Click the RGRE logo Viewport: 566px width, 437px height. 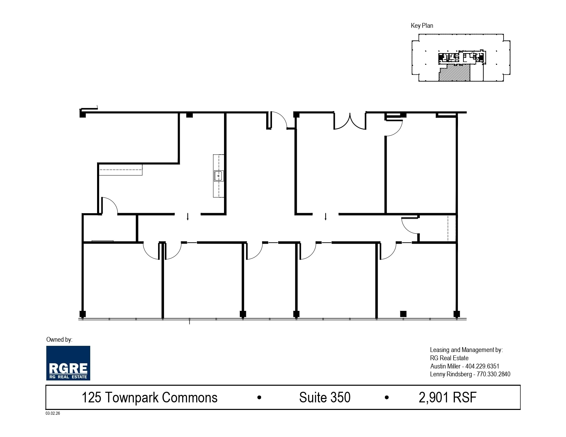68,363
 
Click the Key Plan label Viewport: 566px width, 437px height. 422,26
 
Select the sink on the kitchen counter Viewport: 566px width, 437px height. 219,176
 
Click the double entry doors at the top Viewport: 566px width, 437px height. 350,122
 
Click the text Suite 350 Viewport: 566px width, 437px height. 325,398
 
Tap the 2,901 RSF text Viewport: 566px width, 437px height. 448,398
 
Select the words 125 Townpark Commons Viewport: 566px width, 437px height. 150,398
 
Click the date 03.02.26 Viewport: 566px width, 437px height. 53,413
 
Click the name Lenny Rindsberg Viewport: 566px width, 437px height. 451,374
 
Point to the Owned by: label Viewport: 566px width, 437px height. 59,340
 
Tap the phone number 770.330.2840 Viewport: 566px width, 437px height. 494,374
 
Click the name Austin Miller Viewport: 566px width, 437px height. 445,366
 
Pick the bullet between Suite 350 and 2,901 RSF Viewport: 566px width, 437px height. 387,398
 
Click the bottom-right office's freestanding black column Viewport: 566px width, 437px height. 403,314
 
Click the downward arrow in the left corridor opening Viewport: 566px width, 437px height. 188,217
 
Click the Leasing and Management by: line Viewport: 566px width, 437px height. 466,350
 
